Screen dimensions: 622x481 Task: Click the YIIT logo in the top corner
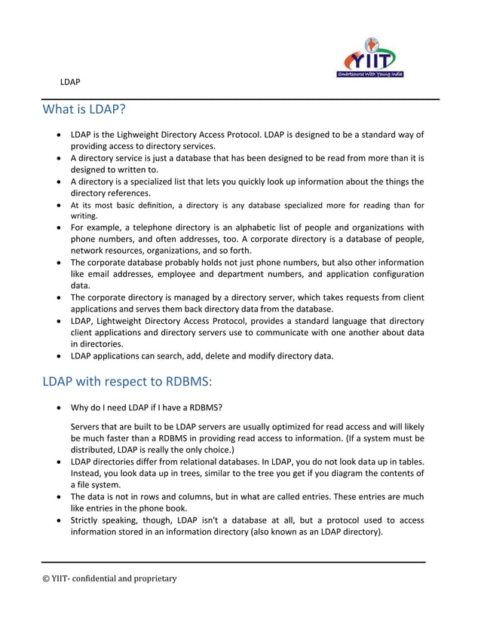click(x=369, y=58)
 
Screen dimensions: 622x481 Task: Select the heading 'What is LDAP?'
click(x=83, y=110)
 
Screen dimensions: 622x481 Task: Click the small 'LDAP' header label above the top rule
click(x=71, y=81)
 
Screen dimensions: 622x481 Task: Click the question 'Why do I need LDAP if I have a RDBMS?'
click(x=146, y=408)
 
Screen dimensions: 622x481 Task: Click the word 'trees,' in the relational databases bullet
click(x=194, y=473)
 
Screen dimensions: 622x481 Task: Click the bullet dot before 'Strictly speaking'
click(x=59, y=520)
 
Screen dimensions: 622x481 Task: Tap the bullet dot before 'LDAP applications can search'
click(x=59, y=355)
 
